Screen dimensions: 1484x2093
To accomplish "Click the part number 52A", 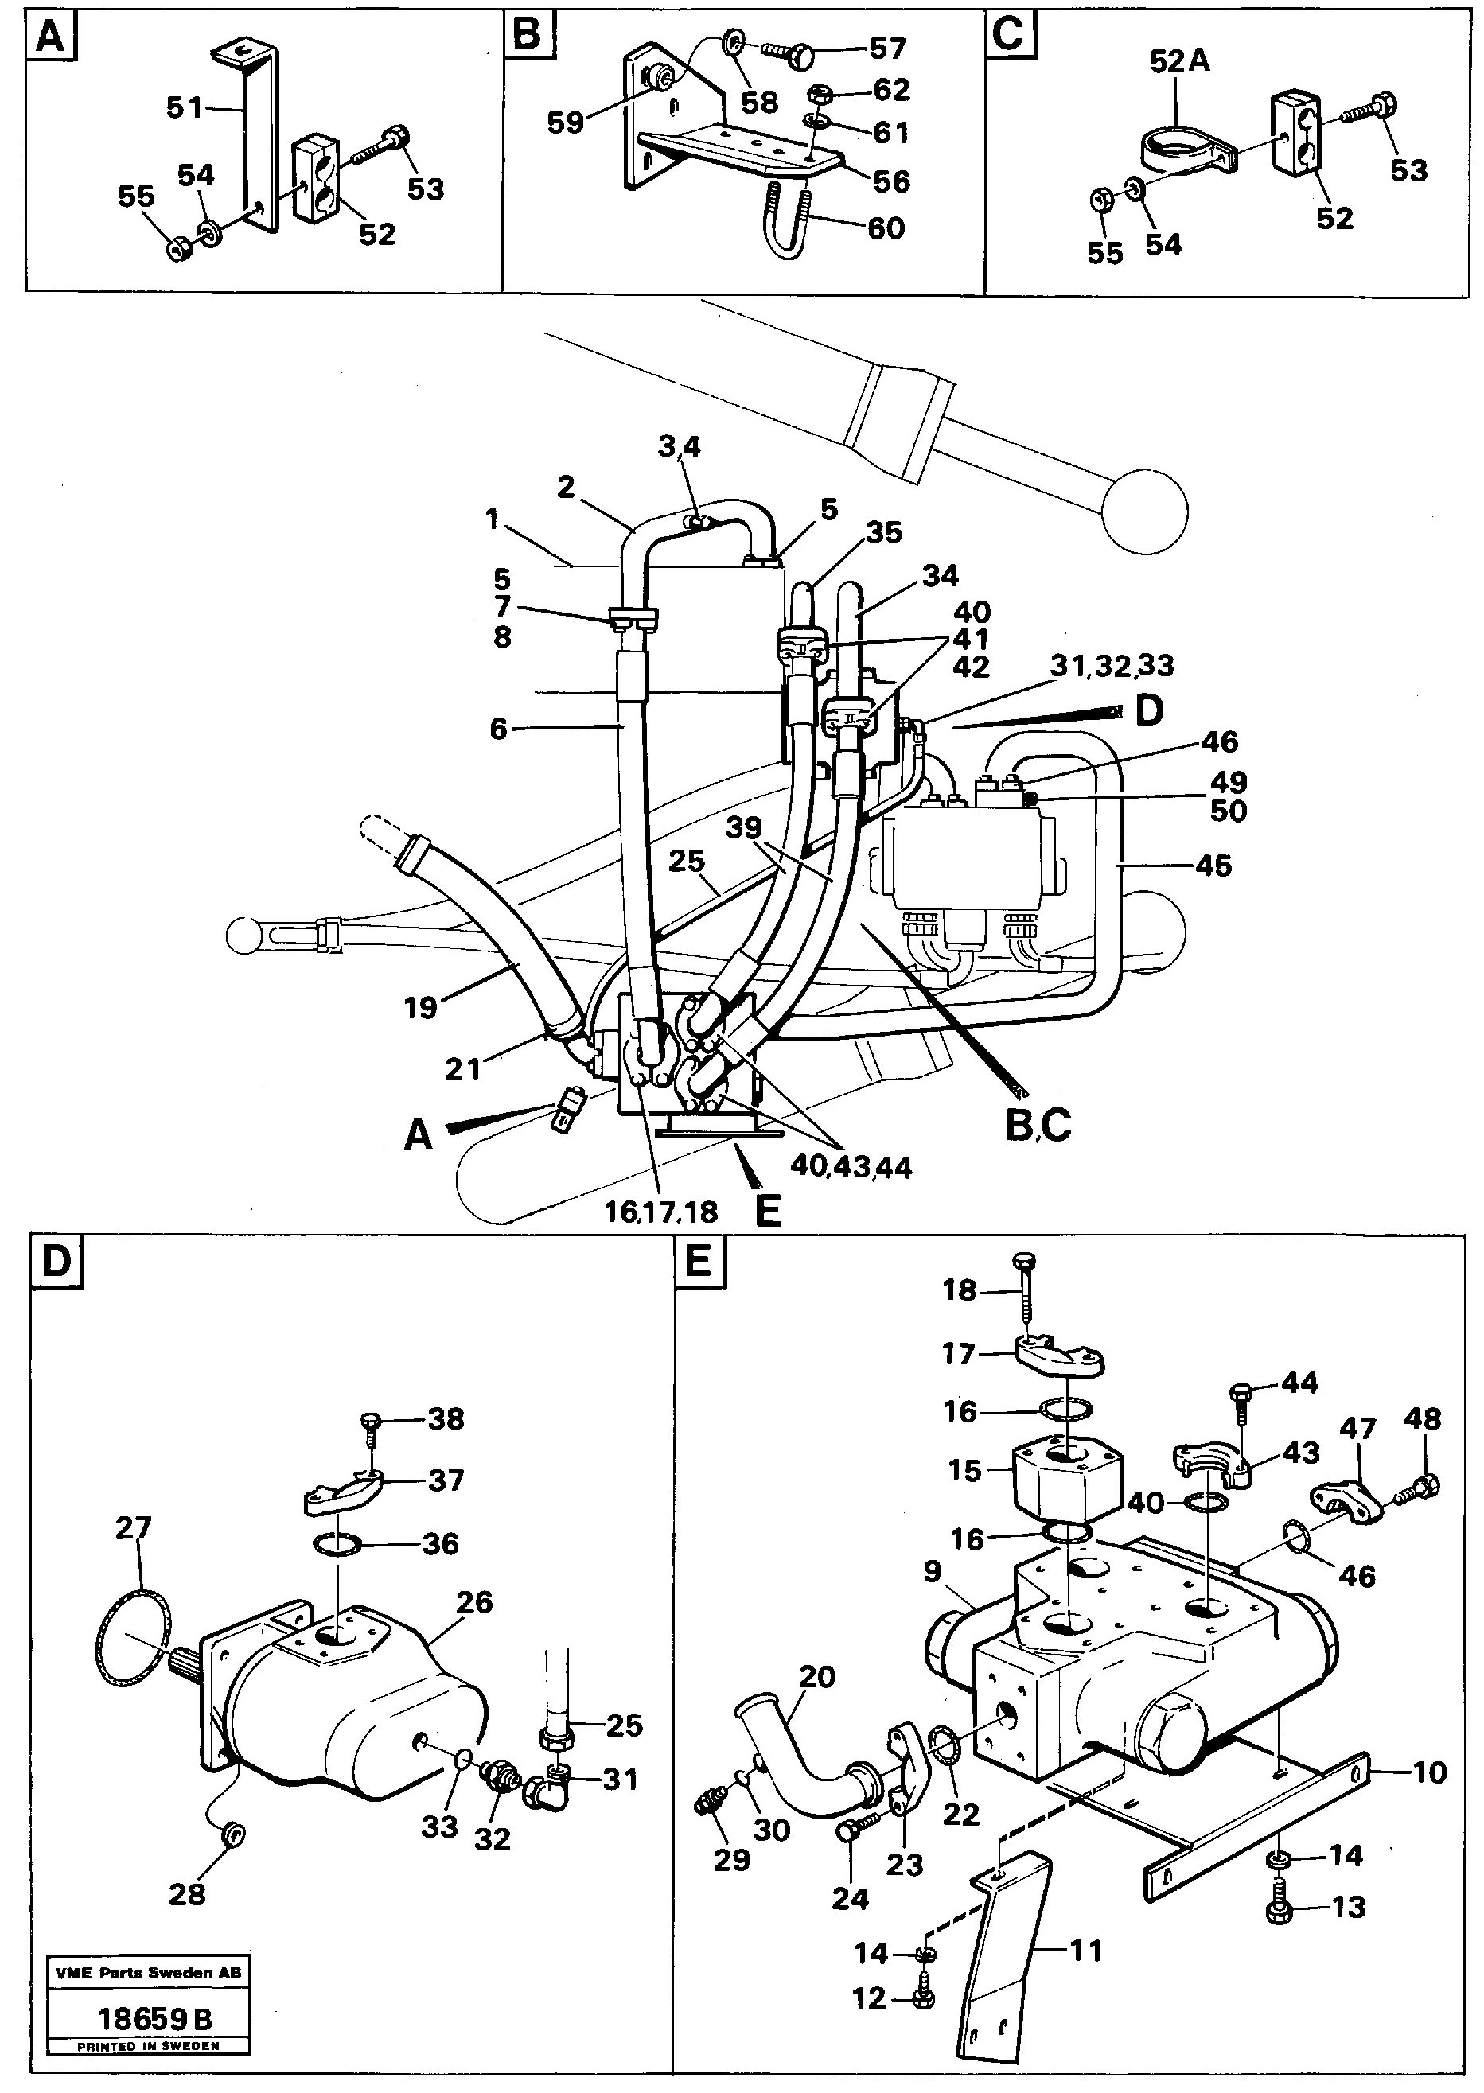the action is coord(1180,61).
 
